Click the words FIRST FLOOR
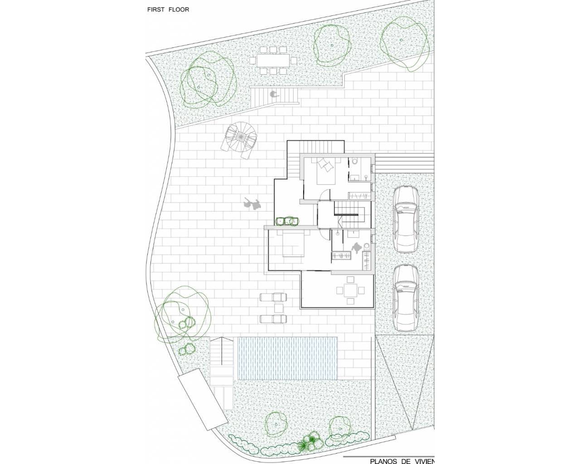[168, 10]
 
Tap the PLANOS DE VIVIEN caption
[402, 461]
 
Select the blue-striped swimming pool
[287, 358]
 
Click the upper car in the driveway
[406, 219]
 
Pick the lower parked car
[406, 298]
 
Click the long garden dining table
[273, 61]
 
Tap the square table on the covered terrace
[350, 290]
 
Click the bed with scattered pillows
[326, 171]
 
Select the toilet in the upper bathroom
[354, 161]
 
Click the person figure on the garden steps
[274, 94]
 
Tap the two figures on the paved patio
[252, 203]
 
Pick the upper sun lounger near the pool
[273, 297]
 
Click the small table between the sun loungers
[279, 308]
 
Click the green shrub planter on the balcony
[287, 221]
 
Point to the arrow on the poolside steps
[221, 351]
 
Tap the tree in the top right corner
[404, 43]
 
